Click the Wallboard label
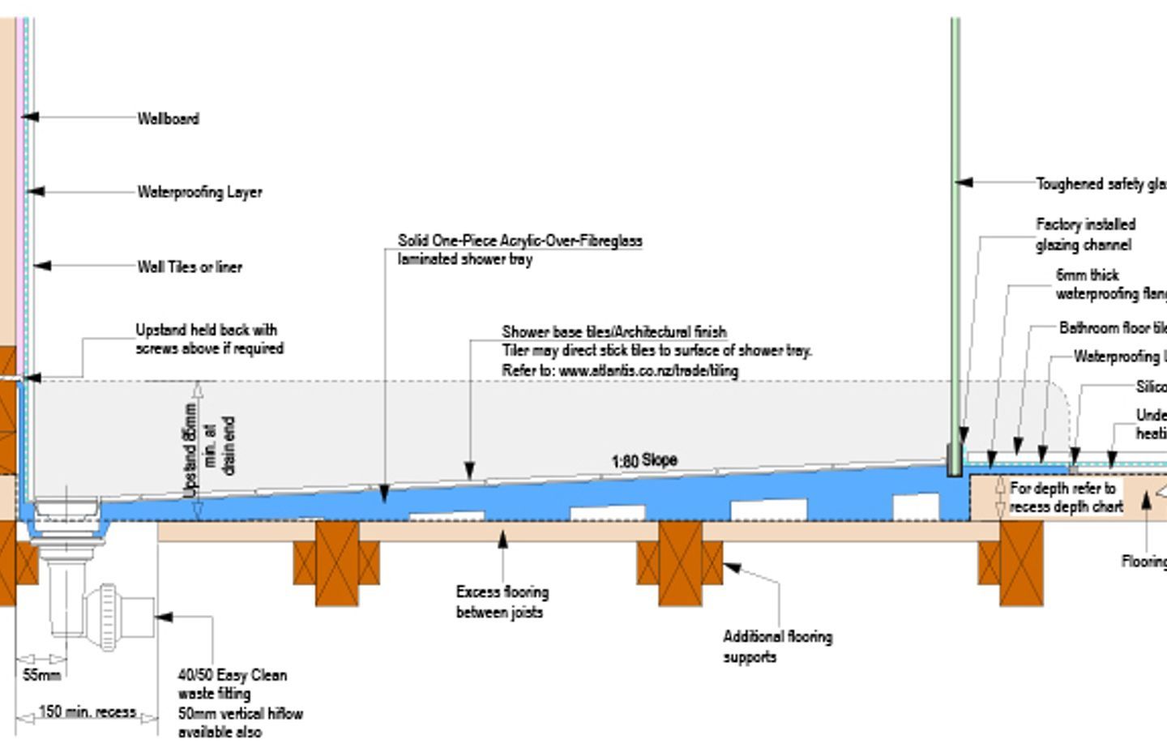(168, 118)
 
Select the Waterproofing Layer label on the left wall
(199, 192)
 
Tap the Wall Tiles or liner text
(189, 267)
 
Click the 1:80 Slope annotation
(643, 460)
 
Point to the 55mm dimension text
(41, 675)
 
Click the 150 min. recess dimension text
(88, 712)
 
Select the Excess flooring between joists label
(502, 602)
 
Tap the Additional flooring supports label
(777, 647)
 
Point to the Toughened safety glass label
(1101, 184)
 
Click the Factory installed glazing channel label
(1085, 234)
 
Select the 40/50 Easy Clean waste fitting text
(232, 684)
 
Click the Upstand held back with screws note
(209, 339)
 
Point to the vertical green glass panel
(955, 243)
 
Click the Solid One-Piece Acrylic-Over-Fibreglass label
(519, 241)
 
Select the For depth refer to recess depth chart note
(1066, 498)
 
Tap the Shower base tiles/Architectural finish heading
(613, 331)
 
